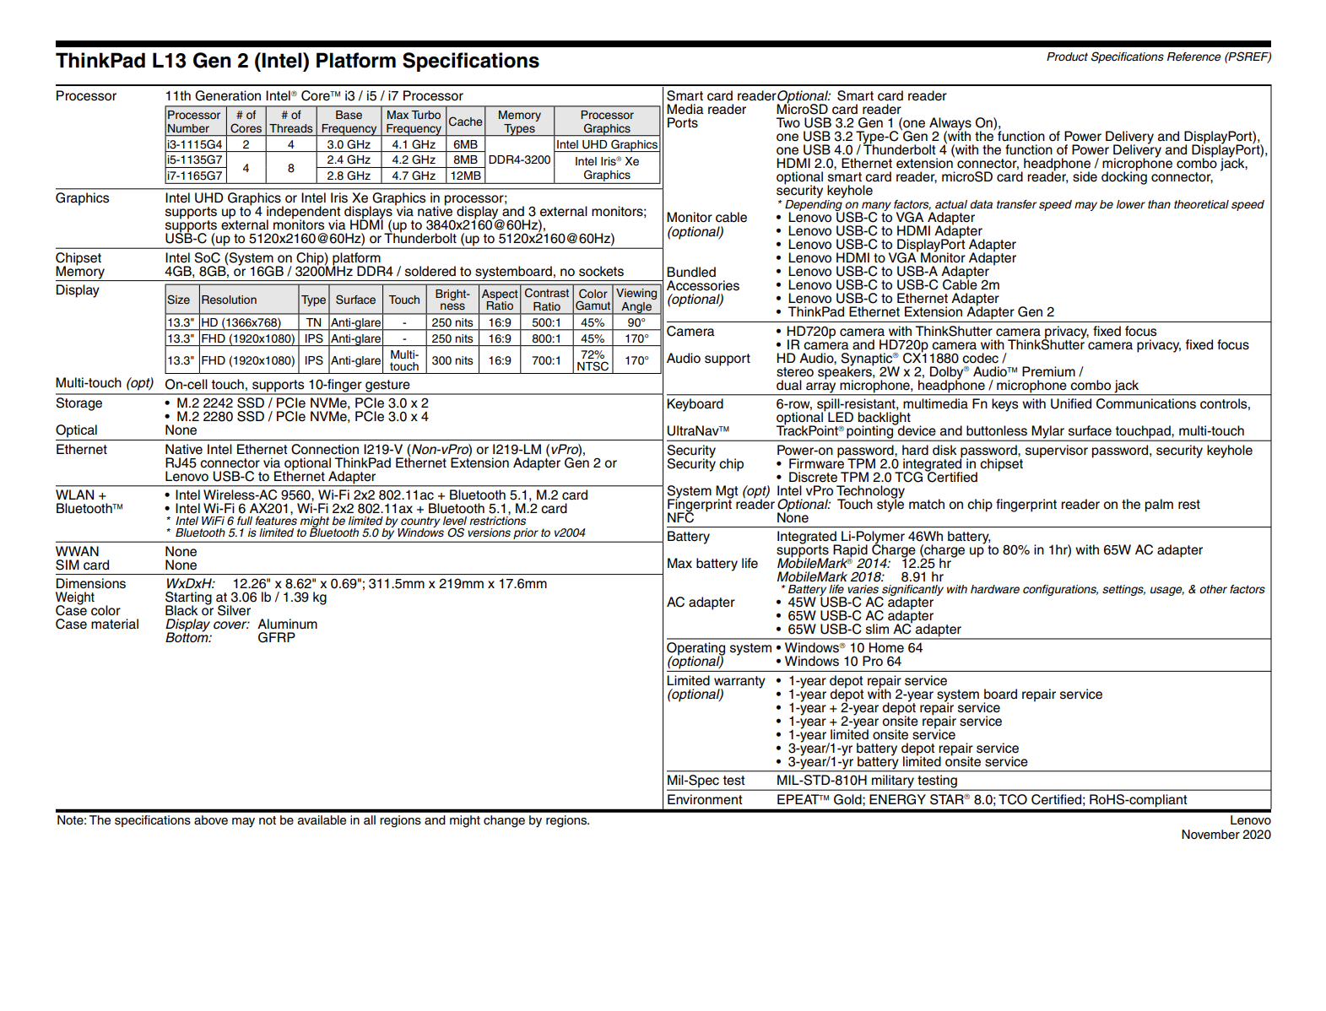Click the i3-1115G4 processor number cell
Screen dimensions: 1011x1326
click(x=194, y=144)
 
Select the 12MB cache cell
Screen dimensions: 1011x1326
click(x=465, y=176)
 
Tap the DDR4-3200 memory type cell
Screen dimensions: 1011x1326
click(x=519, y=159)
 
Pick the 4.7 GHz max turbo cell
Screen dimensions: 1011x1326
click(x=414, y=176)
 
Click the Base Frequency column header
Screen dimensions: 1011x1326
click(x=349, y=122)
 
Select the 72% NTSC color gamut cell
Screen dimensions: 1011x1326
click(x=593, y=360)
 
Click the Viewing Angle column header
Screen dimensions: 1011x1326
click(x=636, y=300)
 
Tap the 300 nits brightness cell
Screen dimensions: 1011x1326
click(x=452, y=360)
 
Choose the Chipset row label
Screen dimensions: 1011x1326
click(x=78, y=258)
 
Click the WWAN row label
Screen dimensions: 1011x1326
click(x=78, y=552)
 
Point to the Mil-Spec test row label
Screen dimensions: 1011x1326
click(x=706, y=781)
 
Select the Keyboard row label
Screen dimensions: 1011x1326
click(x=695, y=404)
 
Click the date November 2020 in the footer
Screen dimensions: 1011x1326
click(x=1226, y=835)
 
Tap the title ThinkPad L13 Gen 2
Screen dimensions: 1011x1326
click(x=297, y=61)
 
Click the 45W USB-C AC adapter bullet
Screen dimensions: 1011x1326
click(x=860, y=603)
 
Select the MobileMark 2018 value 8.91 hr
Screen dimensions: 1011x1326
click(x=922, y=577)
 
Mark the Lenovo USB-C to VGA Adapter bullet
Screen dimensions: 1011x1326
click(x=881, y=218)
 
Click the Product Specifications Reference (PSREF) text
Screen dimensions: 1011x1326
click(x=1158, y=57)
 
